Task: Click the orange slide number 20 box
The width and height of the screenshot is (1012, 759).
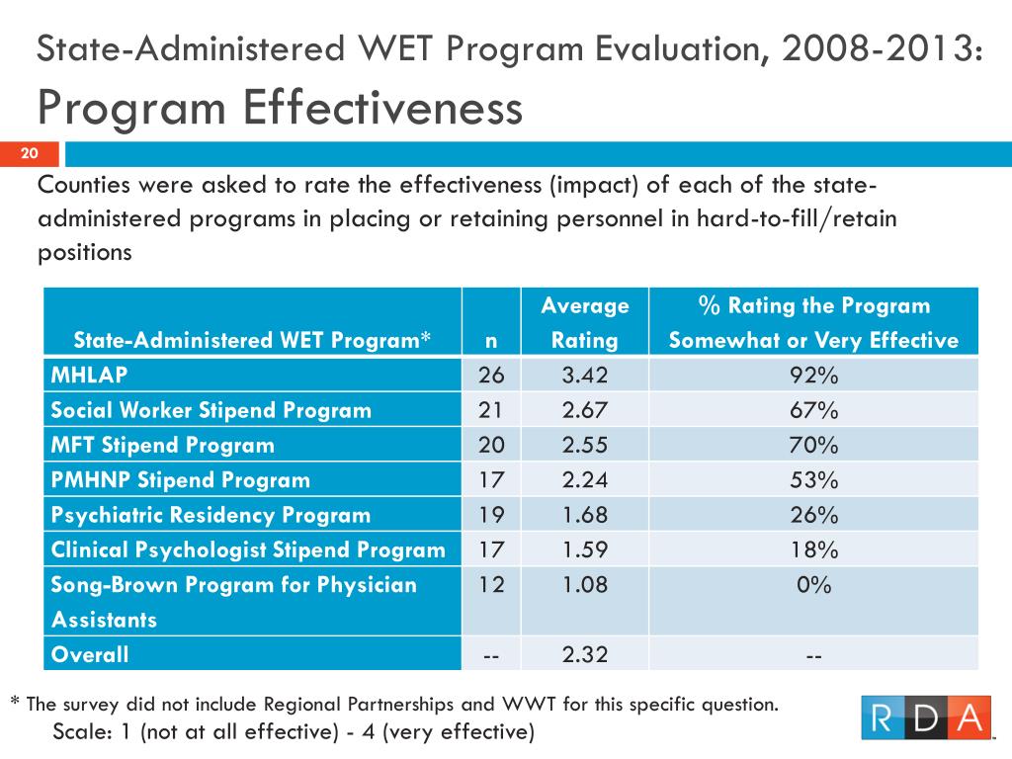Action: click(30, 153)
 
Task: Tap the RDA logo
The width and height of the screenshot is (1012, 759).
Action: click(925, 717)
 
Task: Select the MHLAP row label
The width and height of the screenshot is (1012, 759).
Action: click(89, 375)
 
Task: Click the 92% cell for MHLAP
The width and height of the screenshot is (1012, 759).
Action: click(814, 375)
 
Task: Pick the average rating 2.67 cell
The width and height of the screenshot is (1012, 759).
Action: click(585, 410)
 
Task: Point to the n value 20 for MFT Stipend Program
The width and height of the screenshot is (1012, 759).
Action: click(491, 445)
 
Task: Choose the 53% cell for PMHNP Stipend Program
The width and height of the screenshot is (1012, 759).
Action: click(814, 479)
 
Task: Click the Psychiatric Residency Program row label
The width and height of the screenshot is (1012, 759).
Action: click(211, 515)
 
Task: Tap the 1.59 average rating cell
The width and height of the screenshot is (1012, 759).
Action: click(585, 549)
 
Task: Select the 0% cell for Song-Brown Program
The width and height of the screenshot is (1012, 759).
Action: click(814, 584)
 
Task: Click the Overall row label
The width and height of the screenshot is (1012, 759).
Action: click(90, 654)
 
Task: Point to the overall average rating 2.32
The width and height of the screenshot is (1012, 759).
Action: click(585, 654)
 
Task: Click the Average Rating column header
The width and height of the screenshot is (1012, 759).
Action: click(585, 323)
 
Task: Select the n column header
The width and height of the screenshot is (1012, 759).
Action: click(491, 341)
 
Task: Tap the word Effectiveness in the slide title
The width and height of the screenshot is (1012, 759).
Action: click(382, 108)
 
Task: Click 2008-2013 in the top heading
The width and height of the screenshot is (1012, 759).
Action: click(883, 49)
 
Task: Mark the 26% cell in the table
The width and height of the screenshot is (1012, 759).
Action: click(814, 514)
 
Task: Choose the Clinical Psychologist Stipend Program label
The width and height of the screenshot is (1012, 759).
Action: click(248, 549)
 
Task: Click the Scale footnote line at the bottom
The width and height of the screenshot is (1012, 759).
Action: click(294, 732)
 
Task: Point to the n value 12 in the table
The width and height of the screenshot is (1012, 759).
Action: click(491, 584)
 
